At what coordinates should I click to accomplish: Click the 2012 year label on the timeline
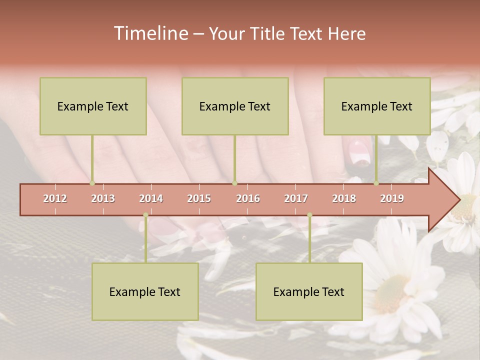tap(55, 198)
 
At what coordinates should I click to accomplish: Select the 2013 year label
tap(103, 198)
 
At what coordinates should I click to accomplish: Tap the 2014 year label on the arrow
tap(151, 198)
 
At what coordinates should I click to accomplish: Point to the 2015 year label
tap(199, 198)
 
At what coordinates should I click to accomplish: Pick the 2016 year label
tap(248, 198)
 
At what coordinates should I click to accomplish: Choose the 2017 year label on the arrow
tap(296, 198)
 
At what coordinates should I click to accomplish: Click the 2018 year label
tap(344, 198)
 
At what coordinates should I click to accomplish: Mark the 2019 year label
tap(392, 198)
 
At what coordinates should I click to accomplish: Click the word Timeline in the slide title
tap(150, 33)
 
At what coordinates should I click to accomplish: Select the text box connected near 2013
tap(93, 106)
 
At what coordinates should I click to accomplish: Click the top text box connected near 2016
tap(235, 106)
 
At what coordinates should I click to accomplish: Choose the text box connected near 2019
tap(377, 106)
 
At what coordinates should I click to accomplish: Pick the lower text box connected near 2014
tap(145, 291)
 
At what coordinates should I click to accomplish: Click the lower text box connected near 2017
tap(309, 291)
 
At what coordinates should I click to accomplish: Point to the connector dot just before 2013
tap(92, 183)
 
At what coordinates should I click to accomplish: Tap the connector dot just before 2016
tap(234, 183)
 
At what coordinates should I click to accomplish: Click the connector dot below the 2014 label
tap(145, 215)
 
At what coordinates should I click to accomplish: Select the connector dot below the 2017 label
tap(309, 215)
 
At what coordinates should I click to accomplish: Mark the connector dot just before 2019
tap(376, 183)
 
